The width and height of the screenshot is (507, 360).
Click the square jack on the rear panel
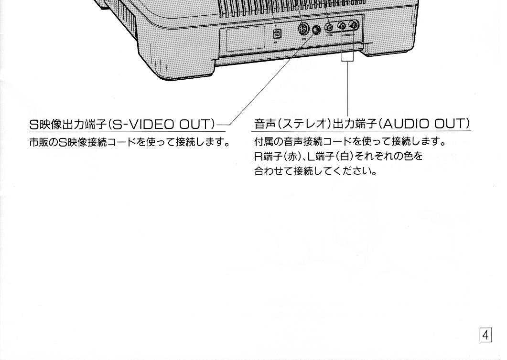(277, 33)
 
